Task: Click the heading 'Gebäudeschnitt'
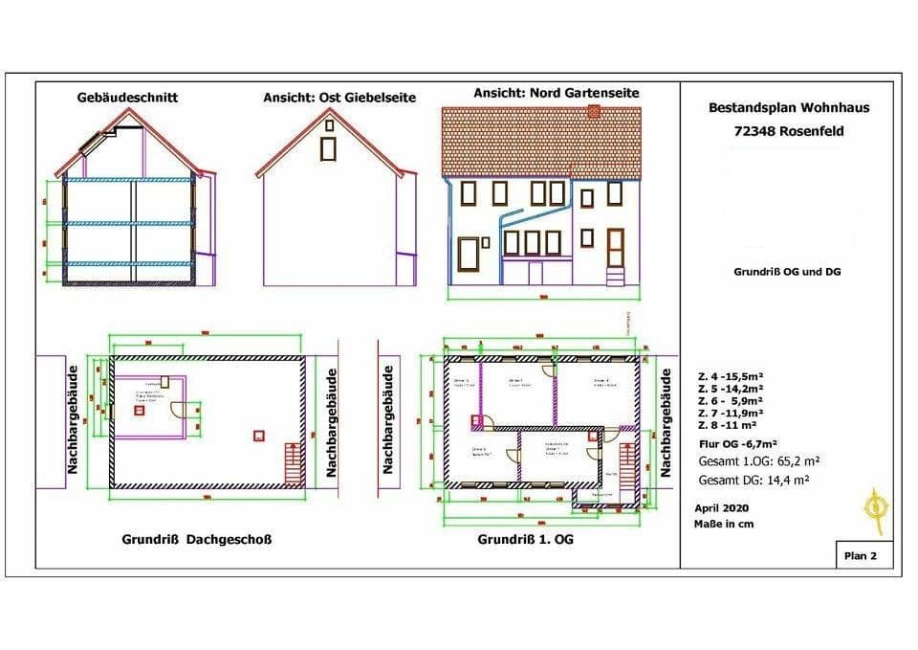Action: [x=127, y=97]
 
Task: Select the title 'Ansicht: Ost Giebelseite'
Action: [x=339, y=98]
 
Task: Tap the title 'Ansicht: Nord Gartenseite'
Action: [x=557, y=93]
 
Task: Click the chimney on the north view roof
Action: [x=594, y=112]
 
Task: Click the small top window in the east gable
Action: [x=329, y=123]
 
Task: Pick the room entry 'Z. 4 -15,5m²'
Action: [x=726, y=380]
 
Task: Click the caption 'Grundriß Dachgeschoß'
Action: [x=197, y=539]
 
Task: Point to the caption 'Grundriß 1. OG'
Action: [x=526, y=540]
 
